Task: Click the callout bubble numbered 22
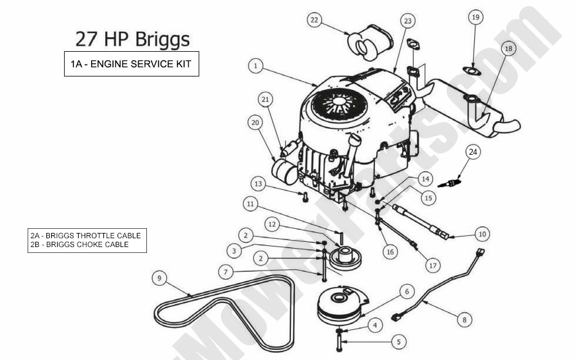[314, 20]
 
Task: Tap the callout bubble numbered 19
[476, 17]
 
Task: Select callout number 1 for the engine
[255, 66]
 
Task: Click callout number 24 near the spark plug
[473, 152]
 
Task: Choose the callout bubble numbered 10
[482, 234]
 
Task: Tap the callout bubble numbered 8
[464, 320]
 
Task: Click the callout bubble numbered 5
[398, 341]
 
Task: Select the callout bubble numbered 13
[257, 184]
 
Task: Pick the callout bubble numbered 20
[255, 122]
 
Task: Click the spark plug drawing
[449, 184]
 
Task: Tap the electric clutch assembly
[342, 306]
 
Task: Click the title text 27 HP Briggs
[132, 39]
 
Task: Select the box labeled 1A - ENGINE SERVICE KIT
[132, 64]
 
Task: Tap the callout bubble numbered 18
[508, 48]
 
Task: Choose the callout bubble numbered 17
[433, 266]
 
